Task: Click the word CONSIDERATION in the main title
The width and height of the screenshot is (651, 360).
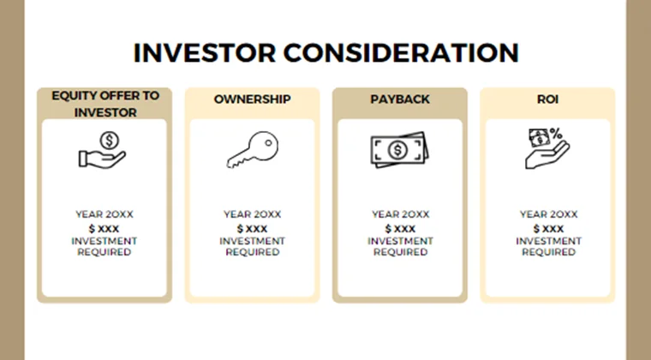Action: (x=401, y=52)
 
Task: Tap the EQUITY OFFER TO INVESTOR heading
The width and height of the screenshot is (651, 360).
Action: (x=105, y=103)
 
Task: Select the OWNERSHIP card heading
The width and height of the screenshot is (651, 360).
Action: (x=252, y=99)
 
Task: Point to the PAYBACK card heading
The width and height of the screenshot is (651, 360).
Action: (x=400, y=99)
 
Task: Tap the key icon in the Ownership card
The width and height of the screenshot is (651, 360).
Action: (x=252, y=151)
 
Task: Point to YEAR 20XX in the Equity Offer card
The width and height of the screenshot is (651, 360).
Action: (x=105, y=214)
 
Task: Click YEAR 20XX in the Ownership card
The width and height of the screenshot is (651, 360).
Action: (x=252, y=214)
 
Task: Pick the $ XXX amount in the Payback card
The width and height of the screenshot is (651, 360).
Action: (x=400, y=229)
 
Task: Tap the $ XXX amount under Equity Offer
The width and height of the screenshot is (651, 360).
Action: (x=105, y=229)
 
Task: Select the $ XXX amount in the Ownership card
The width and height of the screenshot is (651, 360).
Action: (x=252, y=229)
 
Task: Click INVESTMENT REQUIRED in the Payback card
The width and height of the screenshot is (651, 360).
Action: (x=400, y=247)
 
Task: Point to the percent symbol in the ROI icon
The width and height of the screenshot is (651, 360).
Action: (x=555, y=134)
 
